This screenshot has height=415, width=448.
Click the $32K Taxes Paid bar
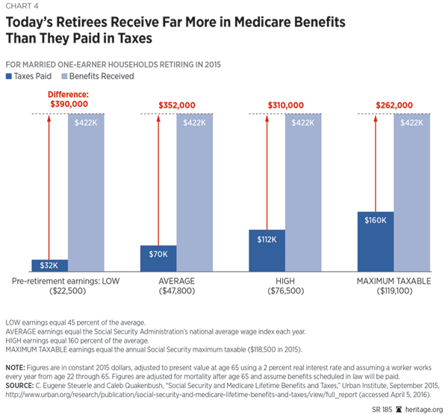pos(49,265)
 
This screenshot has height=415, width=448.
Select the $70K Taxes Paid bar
pos(158,258)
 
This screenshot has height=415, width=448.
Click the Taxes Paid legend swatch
pos(8,76)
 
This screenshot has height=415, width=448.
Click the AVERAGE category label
pos(176,280)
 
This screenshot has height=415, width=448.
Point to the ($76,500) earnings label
pos(284,291)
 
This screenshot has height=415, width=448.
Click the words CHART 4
pos(20,8)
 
